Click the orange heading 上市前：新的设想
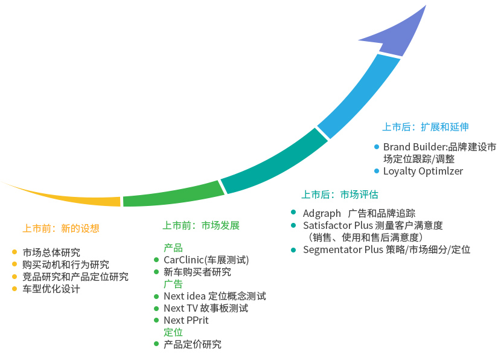[x=61, y=228]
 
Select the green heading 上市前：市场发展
[x=201, y=225]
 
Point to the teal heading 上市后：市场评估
[x=340, y=194]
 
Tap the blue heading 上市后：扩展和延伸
[x=426, y=127]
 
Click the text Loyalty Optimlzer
[x=423, y=171]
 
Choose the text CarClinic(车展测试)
[x=206, y=260]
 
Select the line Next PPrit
[x=186, y=320]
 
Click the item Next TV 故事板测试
[x=206, y=308]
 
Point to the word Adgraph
[x=321, y=213]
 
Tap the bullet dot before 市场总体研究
[x=14, y=252]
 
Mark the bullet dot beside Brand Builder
[x=377, y=147]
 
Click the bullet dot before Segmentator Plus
[x=294, y=249]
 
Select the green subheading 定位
[x=173, y=332]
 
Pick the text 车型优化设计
[x=51, y=289]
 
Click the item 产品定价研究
[x=193, y=344]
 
